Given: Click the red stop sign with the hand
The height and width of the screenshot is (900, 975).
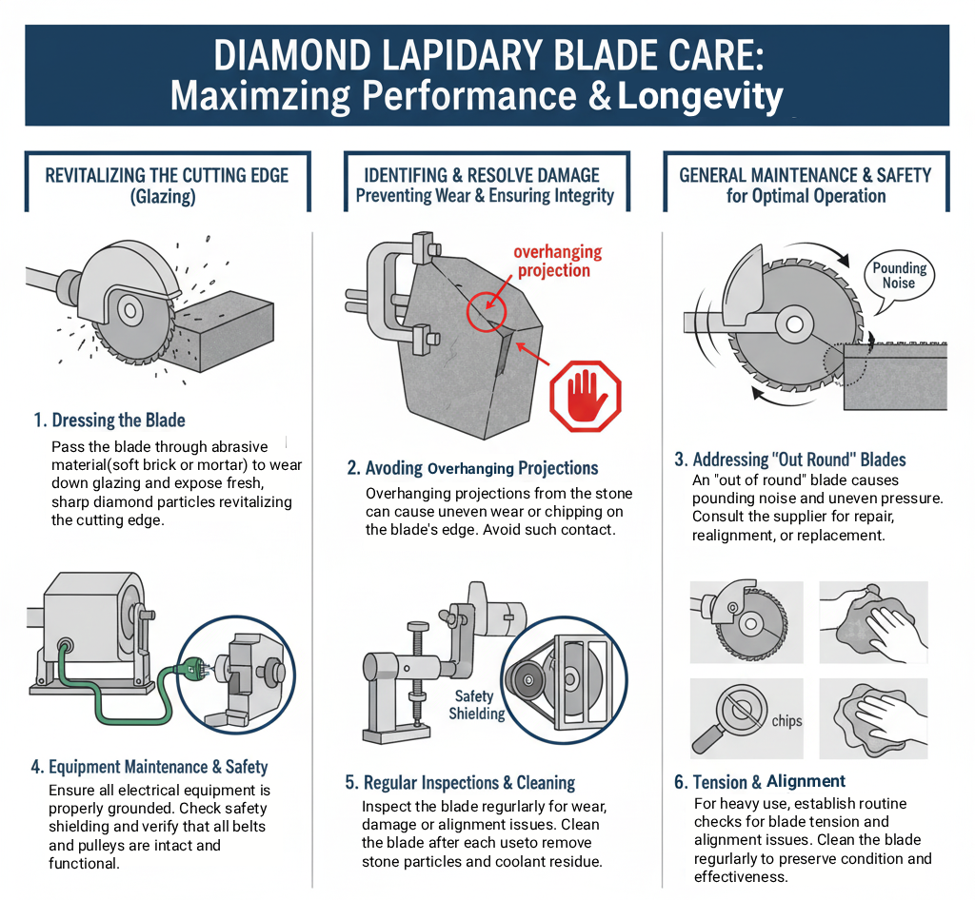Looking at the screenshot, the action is click(586, 397).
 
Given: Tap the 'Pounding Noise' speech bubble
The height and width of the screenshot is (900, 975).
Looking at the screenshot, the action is click(899, 278).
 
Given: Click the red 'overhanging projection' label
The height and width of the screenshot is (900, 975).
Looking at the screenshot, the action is click(557, 261).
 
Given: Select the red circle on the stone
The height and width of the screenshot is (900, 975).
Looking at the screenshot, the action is click(487, 310).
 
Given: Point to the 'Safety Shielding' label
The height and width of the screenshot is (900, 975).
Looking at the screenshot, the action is click(476, 705).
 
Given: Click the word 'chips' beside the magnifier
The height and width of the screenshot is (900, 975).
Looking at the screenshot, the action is click(786, 721).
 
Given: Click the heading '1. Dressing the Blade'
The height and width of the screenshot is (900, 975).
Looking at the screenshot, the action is click(109, 420).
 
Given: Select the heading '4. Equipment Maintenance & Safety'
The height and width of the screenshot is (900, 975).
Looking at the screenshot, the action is click(149, 767).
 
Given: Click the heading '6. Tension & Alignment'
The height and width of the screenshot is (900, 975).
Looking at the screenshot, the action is click(759, 781).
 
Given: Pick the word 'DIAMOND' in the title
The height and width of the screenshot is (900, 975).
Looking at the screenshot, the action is click(292, 56).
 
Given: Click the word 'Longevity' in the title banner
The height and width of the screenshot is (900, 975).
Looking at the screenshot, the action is click(700, 97).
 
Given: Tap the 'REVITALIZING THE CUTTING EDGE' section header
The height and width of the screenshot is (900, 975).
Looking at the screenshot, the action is click(167, 175).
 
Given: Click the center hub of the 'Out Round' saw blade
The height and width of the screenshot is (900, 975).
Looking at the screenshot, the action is click(794, 324).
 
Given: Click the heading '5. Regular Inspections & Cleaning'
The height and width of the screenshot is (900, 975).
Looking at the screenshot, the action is click(460, 783).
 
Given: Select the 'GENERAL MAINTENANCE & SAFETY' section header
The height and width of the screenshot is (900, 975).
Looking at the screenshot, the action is click(806, 175).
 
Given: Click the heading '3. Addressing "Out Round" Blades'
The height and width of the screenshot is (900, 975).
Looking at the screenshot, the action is click(789, 460).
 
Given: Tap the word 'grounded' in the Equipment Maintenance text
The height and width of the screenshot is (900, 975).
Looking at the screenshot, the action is click(145, 809).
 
